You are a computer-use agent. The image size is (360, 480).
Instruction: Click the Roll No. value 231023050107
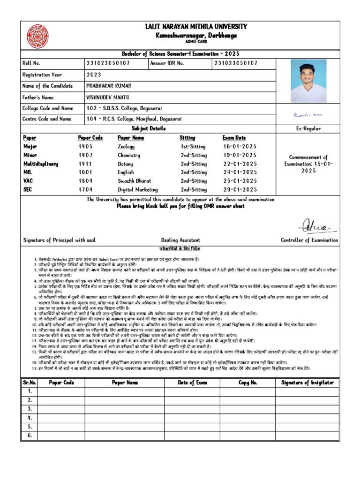coord(108,63)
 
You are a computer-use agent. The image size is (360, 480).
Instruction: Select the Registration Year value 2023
coord(94,75)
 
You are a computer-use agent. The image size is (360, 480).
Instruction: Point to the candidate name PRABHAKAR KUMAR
coord(109,86)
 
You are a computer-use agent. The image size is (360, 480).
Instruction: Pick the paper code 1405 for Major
coord(85,147)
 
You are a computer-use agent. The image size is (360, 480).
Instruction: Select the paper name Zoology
coord(126,147)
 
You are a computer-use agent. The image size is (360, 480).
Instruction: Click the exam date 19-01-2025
coord(240,155)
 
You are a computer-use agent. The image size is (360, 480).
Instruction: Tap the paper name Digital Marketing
coord(138,190)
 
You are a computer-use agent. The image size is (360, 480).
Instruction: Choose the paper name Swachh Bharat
coord(135,181)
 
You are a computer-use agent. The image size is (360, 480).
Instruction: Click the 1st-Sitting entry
coord(194,147)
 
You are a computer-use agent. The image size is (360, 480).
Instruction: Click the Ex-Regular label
coord(308,128)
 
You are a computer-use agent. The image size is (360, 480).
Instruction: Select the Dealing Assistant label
coord(180,240)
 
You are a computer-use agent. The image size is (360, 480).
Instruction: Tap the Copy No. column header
coord(247,382)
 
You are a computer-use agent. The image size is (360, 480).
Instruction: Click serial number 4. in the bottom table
coord(30,418)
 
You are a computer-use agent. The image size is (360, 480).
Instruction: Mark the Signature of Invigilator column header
coord(307,382)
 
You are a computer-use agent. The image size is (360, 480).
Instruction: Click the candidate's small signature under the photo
coord(307,114)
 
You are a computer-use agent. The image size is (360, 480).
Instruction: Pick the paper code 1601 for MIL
coord(85,172)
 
